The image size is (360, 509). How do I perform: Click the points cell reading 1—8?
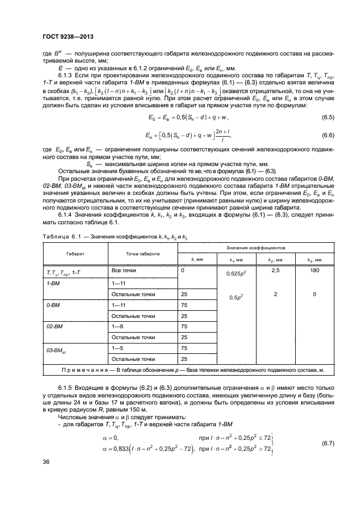click(x=118, y=327)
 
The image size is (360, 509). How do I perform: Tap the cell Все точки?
click(x=123, y=270)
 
